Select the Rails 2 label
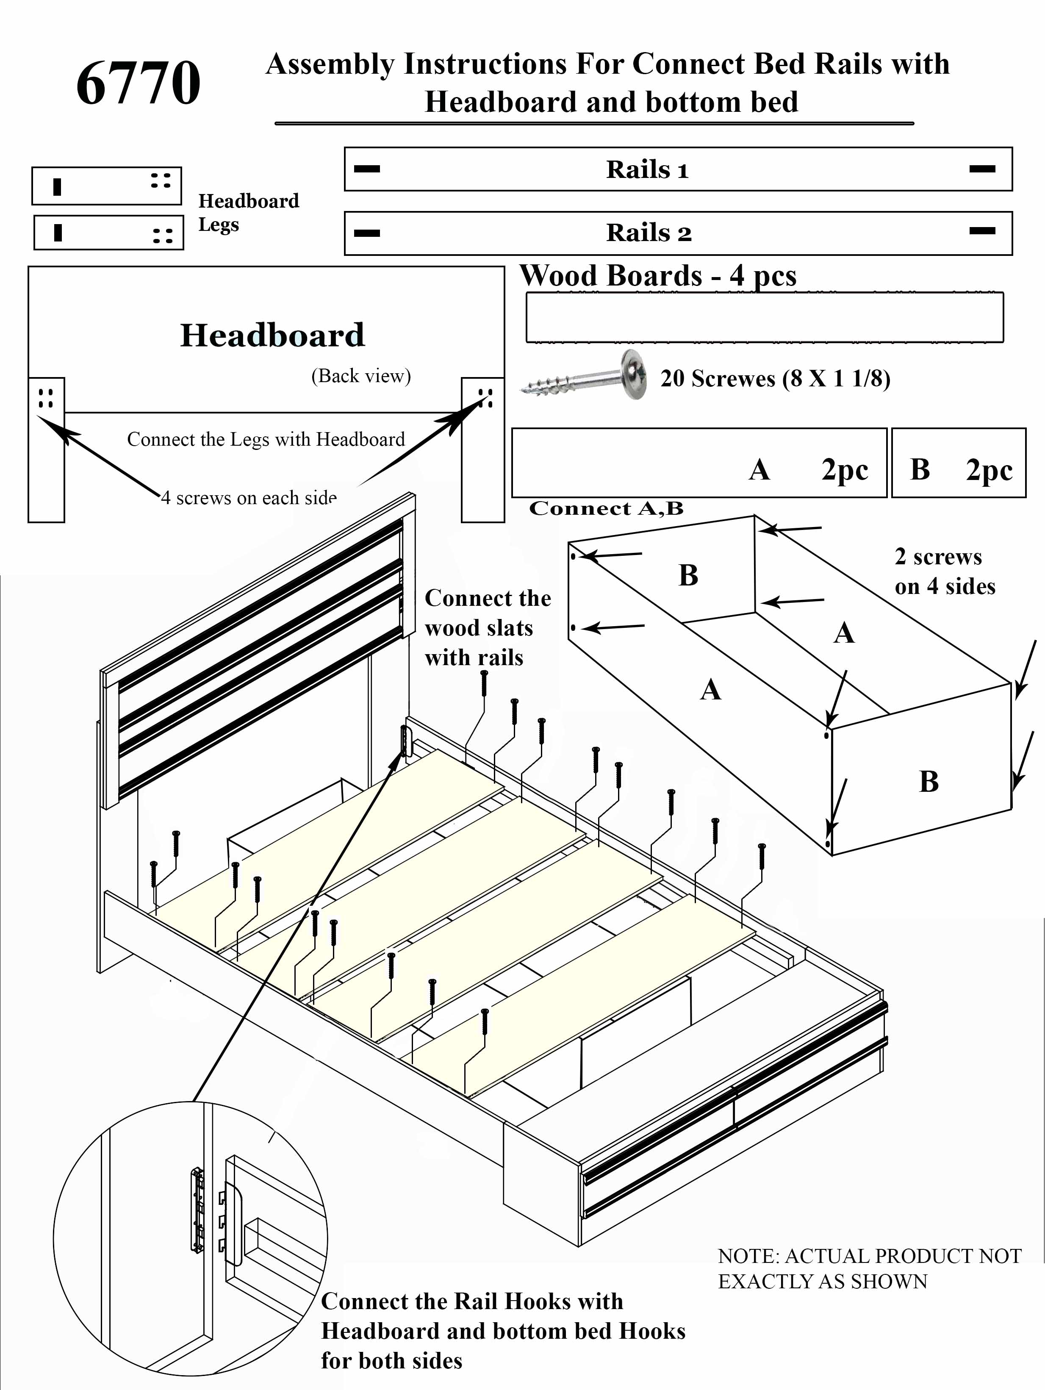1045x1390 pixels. (649, 233)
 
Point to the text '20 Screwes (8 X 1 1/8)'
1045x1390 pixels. (775, 378)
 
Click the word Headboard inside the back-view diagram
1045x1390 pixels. (272, 335)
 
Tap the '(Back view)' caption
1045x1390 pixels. (361, 376)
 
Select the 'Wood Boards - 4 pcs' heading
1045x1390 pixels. (658, 276)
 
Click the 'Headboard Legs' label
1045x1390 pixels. (248, 212)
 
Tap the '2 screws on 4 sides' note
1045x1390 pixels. (945, 571)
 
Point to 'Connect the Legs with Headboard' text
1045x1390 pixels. (266, 439)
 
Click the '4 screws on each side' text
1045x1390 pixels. (249, 498)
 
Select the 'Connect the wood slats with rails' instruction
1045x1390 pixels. (487, 628)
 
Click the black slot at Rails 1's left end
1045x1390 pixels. (367, 169)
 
